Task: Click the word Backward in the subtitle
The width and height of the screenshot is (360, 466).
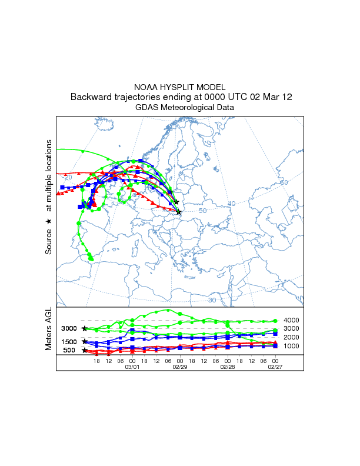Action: point(90,97)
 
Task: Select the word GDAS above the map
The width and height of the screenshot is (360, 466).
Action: point(146,108)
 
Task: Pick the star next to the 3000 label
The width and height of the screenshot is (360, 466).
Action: point(85,328)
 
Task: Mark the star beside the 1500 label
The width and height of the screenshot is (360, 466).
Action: point(85,341)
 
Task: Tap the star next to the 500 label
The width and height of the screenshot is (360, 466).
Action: point(85,350)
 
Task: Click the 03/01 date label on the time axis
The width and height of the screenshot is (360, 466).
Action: point(132,366)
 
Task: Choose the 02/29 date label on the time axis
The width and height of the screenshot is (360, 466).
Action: point(180,366)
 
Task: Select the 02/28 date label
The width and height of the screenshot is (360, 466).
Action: point(228,366)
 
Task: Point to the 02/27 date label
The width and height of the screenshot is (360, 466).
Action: point(275,366)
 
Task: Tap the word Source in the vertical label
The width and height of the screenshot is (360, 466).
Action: point(49,241)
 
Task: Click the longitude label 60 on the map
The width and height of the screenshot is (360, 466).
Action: point(284,182)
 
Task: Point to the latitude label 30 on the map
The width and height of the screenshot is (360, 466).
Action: point(212,300)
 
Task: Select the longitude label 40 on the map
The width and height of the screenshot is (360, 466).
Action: point(232,204)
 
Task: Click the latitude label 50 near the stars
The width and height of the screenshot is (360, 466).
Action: point(203,211)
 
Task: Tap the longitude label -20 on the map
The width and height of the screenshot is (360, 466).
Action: point(68,177)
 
